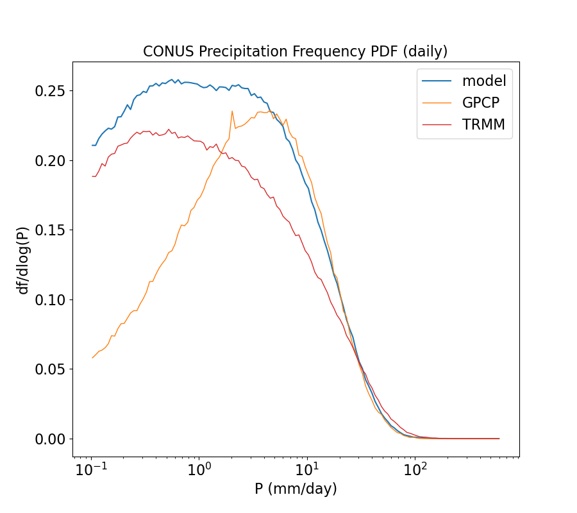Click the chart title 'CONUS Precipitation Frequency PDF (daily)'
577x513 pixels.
click(x=296, y=51)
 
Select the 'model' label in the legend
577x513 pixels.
click(x=484, y=81)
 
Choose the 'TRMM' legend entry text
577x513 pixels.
click(x=483, y=125)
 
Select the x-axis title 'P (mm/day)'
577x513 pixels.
click(x=296, y=489)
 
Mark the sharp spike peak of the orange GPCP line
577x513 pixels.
click(x=232, y=111)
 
